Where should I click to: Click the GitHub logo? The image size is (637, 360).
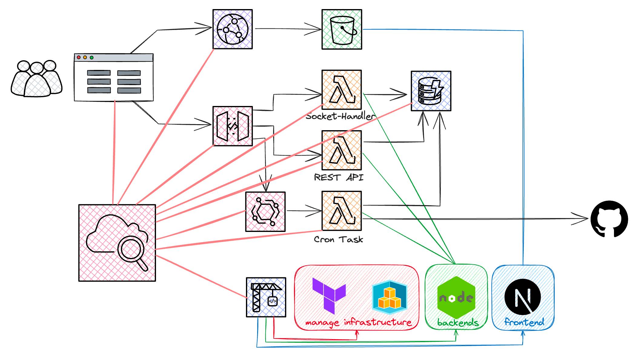[x=609, y=219]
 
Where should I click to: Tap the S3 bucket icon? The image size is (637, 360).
[x=342, y=29]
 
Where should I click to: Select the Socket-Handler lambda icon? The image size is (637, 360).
[x=342, y=90]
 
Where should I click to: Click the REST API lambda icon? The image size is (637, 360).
[x=342, y=150]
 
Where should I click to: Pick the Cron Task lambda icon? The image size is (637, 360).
[x=342, y=211]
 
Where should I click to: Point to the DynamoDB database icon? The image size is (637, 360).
[x=431, y=91]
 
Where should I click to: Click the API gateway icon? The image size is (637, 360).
[x=233, y=126]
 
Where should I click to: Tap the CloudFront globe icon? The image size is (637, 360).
[x=233, y=29]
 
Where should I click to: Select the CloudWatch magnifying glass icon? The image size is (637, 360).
[x=117, y=243]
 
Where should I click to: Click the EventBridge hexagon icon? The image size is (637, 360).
[x=265, y=212]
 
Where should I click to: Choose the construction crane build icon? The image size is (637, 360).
[x=266, y=297]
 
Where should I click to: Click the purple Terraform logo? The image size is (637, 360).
[x=329, y=296]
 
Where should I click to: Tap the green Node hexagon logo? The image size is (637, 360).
[x=456, y=297]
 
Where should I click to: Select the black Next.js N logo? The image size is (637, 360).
[x=523, y=297]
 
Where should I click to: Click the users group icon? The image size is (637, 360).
[x=37, y=79]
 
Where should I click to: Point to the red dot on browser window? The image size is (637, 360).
[x=79, y=58]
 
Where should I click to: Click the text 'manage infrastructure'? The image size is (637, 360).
[x=358, y=323]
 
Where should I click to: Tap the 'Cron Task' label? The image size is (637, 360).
[x=338, y=239]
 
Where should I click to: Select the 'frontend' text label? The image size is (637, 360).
[x=524, y=322]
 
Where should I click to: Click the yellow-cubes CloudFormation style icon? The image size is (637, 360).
[x=390, y=297]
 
